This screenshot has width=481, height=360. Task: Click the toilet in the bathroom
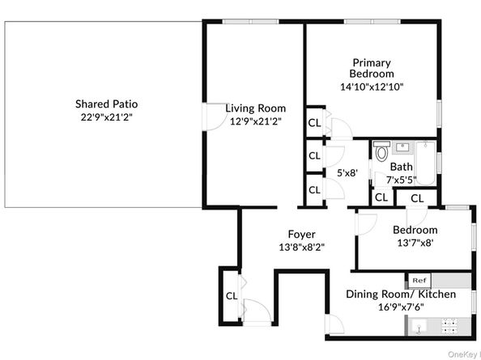point(381,151)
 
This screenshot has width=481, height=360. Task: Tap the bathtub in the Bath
point(425,163)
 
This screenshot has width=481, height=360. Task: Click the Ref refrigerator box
point(419,281)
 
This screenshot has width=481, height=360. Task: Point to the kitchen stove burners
point(449,326)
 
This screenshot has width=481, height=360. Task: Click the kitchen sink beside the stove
point(419,326)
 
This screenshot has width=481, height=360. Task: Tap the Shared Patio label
point(106,104)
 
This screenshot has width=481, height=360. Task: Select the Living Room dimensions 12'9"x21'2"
point(256,121)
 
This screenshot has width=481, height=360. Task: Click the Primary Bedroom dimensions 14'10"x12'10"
point(372,87)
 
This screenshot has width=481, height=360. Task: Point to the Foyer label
point(301,235)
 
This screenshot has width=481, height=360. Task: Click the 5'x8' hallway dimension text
point(347,173)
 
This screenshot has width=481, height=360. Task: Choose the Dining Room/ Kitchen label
point(401,294)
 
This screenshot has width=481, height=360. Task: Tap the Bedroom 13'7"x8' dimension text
point(415,243)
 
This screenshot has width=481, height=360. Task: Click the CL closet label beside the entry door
point(232,296)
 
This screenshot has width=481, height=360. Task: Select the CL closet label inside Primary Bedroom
point(314,123)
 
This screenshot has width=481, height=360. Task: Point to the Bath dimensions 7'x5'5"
point(401,180)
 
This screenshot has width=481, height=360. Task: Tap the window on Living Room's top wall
point(250,22)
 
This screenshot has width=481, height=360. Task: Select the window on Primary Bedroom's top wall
point(372,22)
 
